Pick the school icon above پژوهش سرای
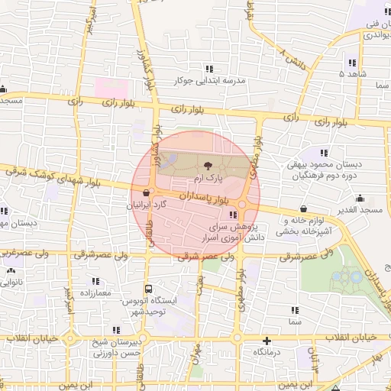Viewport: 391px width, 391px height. (x=233, y=215)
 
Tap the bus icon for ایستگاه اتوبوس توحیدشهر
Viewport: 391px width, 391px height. (x=148, y=289)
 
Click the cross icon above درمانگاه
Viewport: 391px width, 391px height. (x=267, y=341)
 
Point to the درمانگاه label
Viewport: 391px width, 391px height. (x=267, y=354)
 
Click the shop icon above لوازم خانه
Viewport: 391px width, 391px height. (x=304, y=208)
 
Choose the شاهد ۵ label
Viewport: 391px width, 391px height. (x=354, y=74)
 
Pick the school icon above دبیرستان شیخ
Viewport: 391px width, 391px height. (x=115, y=331)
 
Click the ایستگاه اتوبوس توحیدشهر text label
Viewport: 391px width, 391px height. (x=176, y=306)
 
